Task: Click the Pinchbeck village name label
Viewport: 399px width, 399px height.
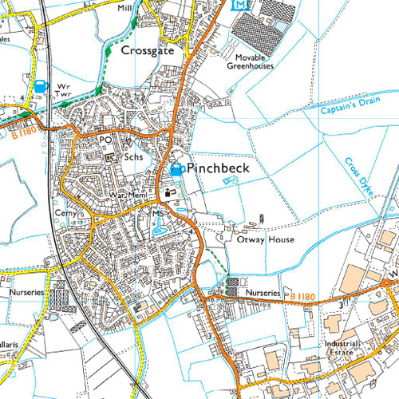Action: pos(218,168)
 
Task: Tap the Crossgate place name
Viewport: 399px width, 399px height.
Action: pos(147,49)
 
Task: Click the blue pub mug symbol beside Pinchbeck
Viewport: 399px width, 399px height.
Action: pos(176,169)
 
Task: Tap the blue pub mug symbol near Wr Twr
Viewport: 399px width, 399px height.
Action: pos(40,85)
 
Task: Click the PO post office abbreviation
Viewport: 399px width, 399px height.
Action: pos(105,140)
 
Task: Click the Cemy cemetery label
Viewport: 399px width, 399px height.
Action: pos(64,214)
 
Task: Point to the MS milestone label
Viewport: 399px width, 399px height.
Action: pos(157,215)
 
